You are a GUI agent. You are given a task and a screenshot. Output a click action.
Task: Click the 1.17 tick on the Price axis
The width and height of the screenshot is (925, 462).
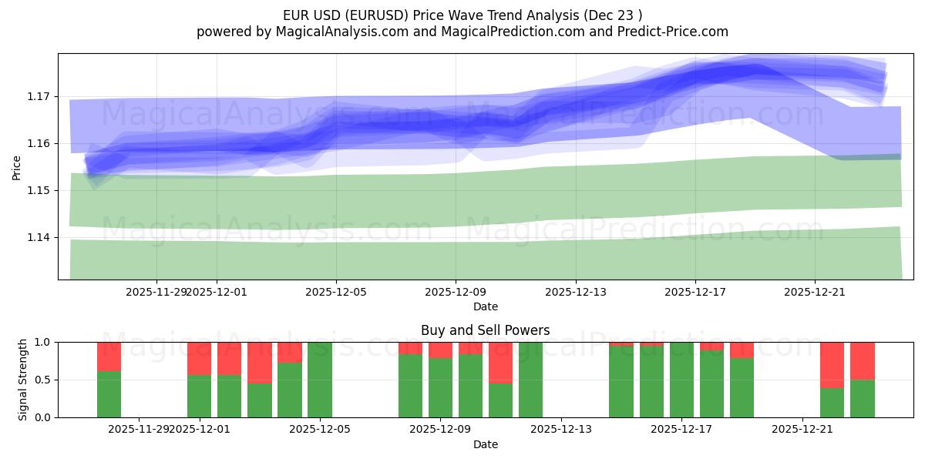coord(39,96)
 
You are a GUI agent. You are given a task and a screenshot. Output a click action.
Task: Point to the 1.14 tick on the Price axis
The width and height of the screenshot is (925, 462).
coord(39,237)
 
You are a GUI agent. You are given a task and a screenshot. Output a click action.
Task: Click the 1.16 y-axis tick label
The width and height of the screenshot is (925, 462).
coord(39,143)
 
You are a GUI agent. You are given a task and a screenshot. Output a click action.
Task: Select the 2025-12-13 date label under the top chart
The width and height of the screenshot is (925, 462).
coord(575,292)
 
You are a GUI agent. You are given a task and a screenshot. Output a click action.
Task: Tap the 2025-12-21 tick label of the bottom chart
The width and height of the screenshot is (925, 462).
coord(802,430)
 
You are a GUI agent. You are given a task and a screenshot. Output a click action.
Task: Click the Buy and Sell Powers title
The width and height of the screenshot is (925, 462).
coord(485,330)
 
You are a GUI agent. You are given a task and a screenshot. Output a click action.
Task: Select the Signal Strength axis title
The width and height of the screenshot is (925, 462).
coord(23,379)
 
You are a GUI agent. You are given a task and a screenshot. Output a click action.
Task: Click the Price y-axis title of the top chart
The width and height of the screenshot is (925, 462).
coord(17,166)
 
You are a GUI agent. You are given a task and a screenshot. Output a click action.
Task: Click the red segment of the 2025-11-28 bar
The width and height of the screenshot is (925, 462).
coord(109,356)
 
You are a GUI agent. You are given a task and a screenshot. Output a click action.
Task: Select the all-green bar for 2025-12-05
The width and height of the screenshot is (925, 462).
coord(320,380)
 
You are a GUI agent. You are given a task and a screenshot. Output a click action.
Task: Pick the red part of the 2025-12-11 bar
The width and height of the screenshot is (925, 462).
coord(500,362)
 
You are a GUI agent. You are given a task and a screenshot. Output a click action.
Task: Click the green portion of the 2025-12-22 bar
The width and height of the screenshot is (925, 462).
coord(832,402)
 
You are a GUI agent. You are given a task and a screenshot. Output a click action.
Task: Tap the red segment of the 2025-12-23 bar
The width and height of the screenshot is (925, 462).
coord(862,360)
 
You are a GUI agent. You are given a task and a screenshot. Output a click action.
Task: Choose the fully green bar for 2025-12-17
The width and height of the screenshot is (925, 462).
coord(681,380)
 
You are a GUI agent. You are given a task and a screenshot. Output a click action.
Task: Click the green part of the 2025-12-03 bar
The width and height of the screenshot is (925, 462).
coord(260,400)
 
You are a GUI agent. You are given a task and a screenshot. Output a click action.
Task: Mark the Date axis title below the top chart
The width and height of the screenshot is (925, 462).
coord(485,306)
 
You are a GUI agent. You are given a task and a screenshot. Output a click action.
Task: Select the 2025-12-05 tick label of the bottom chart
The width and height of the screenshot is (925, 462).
coord(319,430)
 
